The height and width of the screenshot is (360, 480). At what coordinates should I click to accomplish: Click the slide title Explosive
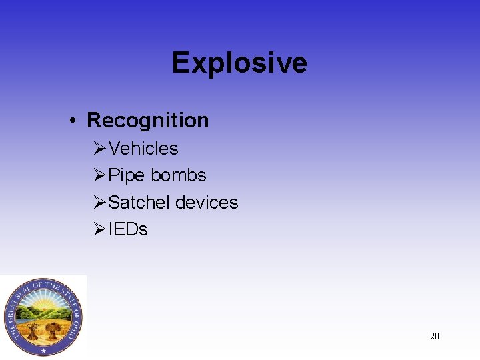[239, 63]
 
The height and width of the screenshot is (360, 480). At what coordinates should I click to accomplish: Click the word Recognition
[147, 120]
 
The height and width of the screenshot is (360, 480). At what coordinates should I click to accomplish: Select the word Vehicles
[143, 148]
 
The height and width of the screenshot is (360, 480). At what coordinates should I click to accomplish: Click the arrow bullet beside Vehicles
[100, 148]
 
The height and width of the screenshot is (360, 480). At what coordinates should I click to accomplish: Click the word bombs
[179, 175]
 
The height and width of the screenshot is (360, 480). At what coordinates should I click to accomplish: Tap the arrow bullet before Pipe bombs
[100, 175]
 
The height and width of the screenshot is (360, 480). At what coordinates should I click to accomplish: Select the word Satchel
[138, 202]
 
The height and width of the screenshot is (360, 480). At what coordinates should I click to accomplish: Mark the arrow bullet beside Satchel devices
[100, 202]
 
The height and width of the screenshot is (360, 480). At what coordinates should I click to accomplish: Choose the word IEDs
[128, 229]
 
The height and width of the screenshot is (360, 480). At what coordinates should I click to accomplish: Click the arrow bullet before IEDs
[100, 229]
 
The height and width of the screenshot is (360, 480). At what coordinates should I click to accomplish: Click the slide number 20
[435, 336]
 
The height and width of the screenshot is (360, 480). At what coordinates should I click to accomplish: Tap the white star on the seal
[44, 350]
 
